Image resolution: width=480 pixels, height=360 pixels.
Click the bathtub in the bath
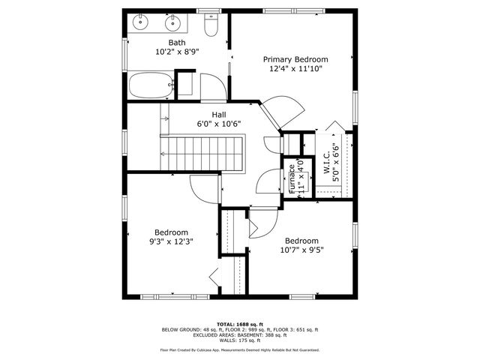[151, 86]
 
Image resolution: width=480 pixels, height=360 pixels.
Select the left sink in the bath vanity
[142, 23]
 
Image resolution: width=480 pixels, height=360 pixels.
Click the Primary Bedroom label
[295, 58]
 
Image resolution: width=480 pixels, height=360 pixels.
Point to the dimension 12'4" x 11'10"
[295, 69]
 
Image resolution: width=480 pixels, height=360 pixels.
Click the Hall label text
[218, 115]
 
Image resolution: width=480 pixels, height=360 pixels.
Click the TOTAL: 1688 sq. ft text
[239, 323]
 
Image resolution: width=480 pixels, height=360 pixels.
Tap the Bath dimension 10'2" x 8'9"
[177, 52]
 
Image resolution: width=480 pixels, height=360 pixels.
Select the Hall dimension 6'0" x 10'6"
[218, 124]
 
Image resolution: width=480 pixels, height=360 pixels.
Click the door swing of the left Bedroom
[202, 187]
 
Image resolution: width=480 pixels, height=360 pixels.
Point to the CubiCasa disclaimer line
[239, 350]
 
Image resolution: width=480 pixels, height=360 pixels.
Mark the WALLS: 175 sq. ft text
[239, 340]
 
